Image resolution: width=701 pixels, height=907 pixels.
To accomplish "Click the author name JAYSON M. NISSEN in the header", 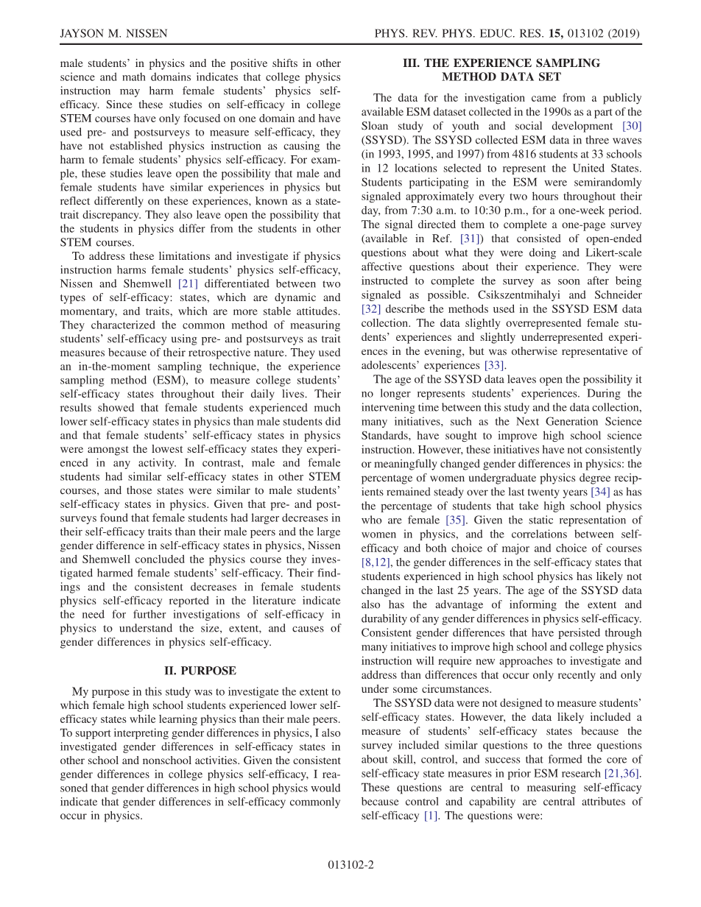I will tap(113, 34).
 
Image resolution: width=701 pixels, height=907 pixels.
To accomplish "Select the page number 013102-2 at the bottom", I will tap(350, 865).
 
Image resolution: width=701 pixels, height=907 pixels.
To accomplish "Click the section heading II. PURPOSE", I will tap(200, 671).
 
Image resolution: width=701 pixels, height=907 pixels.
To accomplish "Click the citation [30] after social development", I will tap(632, 126).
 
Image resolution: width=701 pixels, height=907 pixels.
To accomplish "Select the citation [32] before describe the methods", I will tap(370, 309).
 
